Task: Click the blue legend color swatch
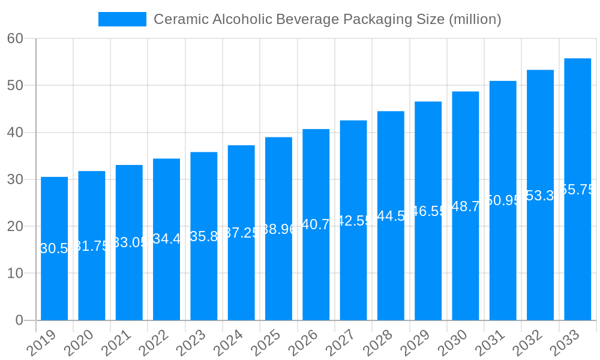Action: [122, 19]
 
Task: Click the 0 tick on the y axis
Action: [19, 320]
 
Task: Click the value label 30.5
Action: [55, 248]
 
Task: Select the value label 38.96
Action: [278, 229]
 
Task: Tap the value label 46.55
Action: [428, 211]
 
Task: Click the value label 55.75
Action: [577, 190]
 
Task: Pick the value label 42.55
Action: [353, 221]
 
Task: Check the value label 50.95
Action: [503, 200]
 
